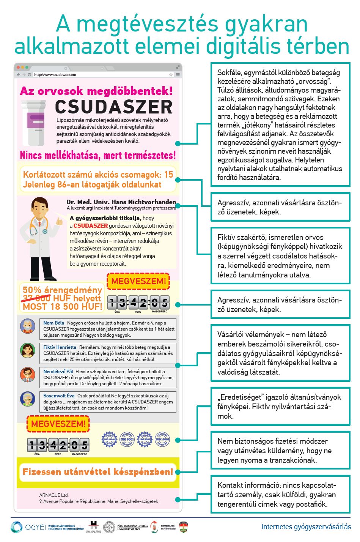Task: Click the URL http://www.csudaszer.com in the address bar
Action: tap(55, 75)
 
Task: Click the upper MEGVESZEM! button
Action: tap(138, 281)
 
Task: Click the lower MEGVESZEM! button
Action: tap(58, 424)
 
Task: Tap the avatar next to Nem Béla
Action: tap(28, 326)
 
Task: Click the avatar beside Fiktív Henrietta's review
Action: tap(28, 350)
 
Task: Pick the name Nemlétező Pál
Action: tap(58, 371)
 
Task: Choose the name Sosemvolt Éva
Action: tap(59, 395)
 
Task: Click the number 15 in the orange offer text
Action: tap(168, 175)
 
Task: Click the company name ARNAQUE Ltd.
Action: tap(54, 495)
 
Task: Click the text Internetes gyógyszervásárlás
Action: tap(306, 527)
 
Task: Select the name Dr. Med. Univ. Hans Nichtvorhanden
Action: tap(121, 202)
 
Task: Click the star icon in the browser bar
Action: tap(171, 75)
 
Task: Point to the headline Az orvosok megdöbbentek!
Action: tap(96, 91)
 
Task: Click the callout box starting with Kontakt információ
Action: tap(280, 495)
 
